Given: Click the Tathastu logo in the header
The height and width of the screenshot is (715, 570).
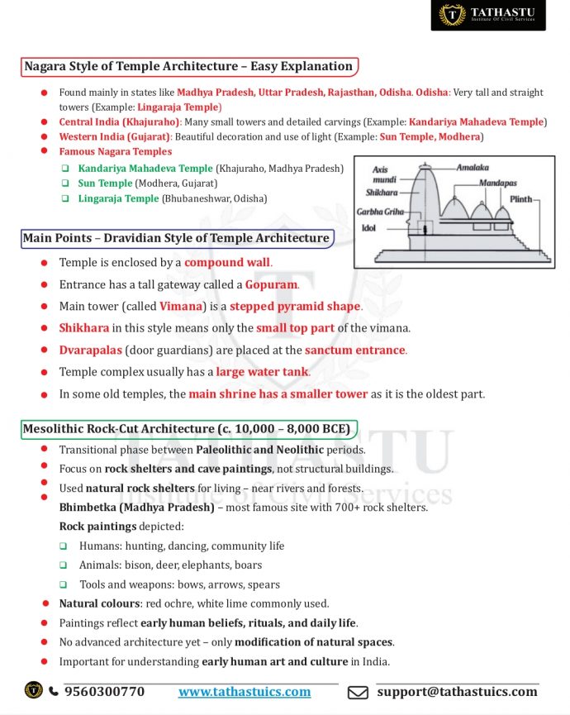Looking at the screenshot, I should coord(487,15).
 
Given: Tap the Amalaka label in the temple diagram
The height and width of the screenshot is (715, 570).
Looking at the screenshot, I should coord(473,168).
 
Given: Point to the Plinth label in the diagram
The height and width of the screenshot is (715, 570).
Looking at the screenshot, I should coord(520,199).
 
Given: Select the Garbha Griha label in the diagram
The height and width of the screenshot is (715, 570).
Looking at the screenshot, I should coord(380,212).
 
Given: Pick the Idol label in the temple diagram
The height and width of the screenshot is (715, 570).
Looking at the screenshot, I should coord(369,228).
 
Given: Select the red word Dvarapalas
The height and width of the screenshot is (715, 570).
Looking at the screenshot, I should coord(90,350).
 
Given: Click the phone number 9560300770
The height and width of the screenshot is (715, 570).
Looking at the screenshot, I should coord(104,691).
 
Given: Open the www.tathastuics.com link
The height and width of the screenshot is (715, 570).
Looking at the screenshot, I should coord(245,691).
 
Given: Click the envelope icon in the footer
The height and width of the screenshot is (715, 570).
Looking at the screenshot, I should coord(358,692).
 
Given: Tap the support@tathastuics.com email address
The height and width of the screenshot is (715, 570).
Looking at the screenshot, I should coord(457,691).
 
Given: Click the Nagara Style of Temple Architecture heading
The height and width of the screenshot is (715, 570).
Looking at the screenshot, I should coord(188,66).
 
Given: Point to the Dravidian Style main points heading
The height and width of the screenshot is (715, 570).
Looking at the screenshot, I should coord(176,238).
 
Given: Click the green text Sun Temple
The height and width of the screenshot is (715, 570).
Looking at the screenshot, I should coord(105,184).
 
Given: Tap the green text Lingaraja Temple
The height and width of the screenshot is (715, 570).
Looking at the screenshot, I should coord(118,199).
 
